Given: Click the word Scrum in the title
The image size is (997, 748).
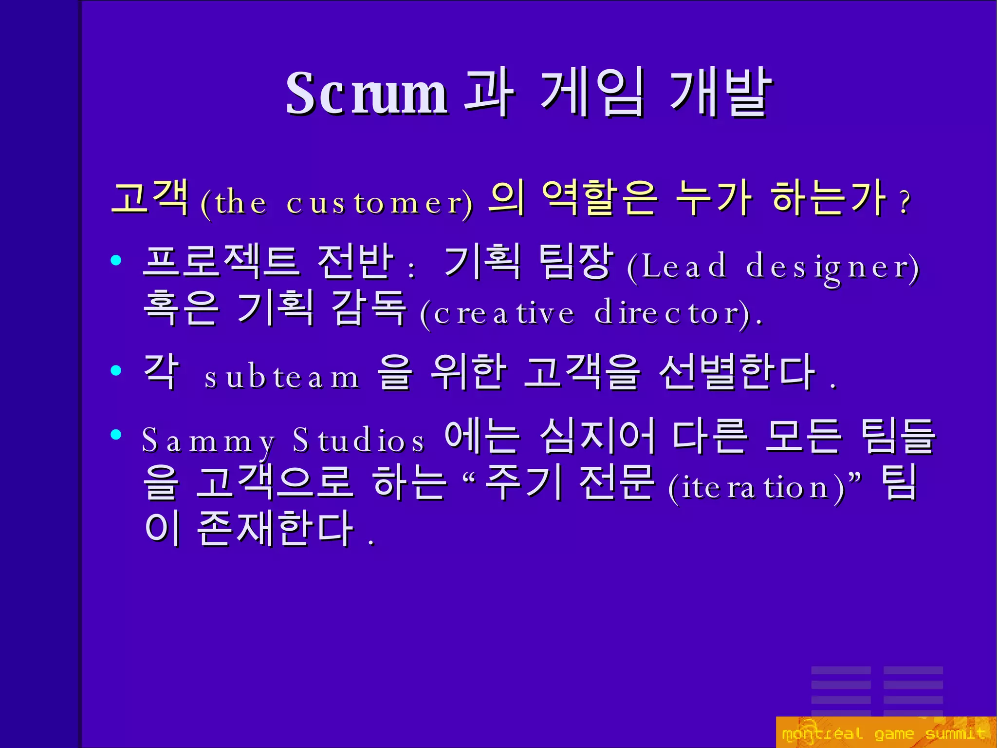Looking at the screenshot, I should (x=366, y=94).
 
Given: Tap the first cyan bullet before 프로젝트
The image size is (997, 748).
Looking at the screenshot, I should (x=116, y=260).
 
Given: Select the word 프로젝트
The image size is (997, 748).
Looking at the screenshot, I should (x=220, y=262).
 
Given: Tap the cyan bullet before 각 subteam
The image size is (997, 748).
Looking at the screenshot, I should (x=116, y=370).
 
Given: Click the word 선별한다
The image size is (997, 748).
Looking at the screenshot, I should (x=737, y=373).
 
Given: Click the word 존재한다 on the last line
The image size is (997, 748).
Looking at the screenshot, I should (x=276, y=529).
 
